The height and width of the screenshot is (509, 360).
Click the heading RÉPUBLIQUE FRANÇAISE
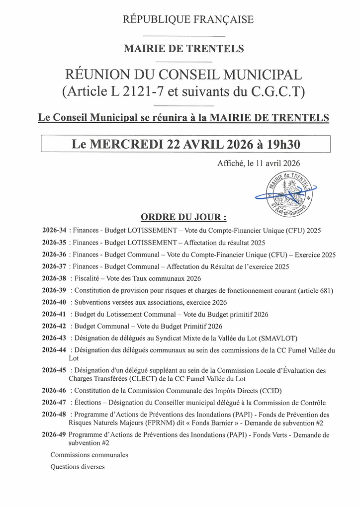(x=188, y=20)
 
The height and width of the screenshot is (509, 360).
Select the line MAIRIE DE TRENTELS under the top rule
(x=183, y=49)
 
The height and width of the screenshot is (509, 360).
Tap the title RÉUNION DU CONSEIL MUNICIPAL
(x=183, y=75)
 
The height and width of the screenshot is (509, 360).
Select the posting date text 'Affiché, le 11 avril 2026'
(x=258, y=163)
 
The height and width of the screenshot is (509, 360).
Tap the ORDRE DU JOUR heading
(x=183, y=217)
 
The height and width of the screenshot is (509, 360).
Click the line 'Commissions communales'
(x=89, y=455)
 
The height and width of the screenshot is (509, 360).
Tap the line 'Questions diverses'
(x=78, y=467)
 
